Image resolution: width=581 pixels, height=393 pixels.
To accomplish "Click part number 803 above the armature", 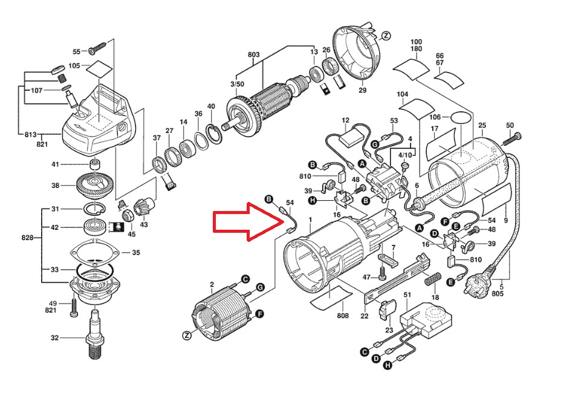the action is (x=253, y=54).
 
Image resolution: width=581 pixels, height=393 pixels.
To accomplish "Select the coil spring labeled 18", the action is (x=433, y=279).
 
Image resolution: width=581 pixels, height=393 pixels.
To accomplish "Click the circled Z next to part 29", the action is (x=386, y=36).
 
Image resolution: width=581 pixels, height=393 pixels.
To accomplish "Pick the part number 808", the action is (x=343, y=316).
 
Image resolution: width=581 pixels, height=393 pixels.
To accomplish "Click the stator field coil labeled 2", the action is (x=222, y=313).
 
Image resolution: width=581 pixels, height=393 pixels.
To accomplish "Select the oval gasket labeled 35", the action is (x=95, y=252).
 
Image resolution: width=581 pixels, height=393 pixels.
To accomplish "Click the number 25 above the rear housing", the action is (x=482, y=125).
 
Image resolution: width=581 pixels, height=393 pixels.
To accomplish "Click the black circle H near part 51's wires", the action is (x=387, y=366).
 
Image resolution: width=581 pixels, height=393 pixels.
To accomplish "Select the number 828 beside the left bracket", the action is (x=27, y=238).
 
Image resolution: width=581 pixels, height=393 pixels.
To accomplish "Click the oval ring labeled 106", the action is (x=461, y=117).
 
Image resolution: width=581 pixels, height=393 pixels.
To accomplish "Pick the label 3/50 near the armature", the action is (x=237, y=84).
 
